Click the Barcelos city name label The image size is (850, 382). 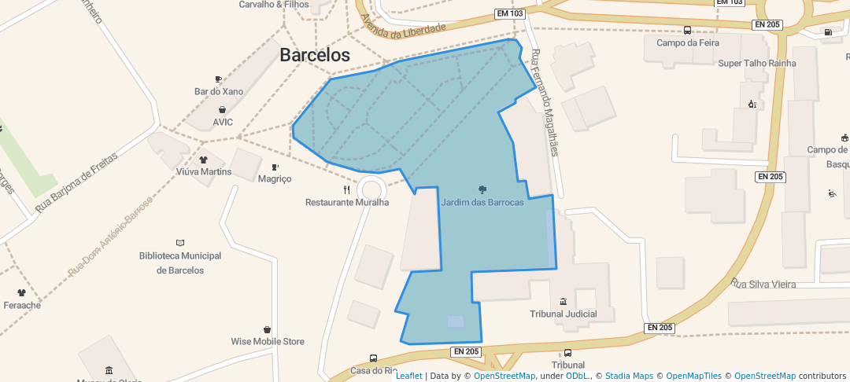click(x=315, y=55)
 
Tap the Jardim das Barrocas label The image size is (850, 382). click(x=482, y=202)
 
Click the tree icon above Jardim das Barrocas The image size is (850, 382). click(x=482, y=189)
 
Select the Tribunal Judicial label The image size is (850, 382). click(x=563, y=314)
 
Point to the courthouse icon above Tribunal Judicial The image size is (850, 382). click(x=563, y=302)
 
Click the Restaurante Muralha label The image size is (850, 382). click(x=347, y=202)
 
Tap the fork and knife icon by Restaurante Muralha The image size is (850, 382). click(x=347, y=189)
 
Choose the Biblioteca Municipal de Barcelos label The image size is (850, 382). click(x=180, y=263)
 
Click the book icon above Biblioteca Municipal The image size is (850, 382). click(x=180, y=243)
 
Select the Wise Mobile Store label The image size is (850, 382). click(x=267, y=341)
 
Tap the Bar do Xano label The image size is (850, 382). click(x=219, y=91)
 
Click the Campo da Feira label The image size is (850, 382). click(x=687, y=43)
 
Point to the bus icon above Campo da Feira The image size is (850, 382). click(x=687, y=31)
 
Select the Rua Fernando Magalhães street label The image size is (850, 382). click(x=545, y=102)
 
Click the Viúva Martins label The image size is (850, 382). click(x=204, y=171)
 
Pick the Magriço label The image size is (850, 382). click(x=275, y=178)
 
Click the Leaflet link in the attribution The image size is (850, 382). click(x=408, y=376)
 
